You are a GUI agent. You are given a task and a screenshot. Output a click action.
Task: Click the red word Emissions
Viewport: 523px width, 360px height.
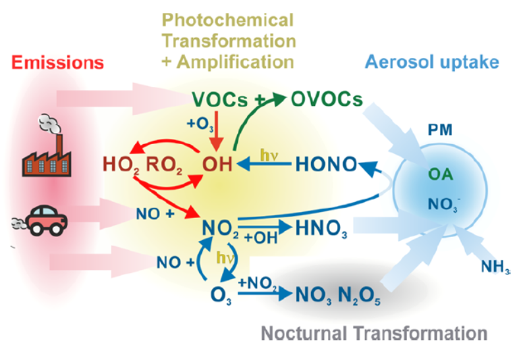[x=57, y=63]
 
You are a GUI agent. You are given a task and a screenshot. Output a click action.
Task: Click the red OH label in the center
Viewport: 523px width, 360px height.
[x=217, y=163]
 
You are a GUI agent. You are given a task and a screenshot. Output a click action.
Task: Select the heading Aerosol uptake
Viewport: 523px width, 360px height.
[x=431, y=63]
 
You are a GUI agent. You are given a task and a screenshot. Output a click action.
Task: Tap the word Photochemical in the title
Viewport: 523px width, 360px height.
[x=228, y=19]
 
